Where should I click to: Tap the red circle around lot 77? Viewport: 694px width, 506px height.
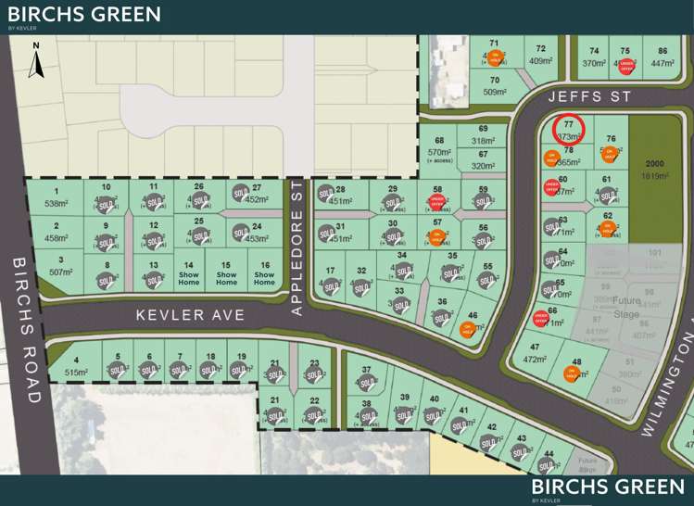[568, 131]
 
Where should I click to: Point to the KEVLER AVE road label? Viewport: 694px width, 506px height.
[191, 315]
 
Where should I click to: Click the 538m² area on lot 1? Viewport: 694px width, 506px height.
[57, 203]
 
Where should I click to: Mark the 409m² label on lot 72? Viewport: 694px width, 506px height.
[540, 62]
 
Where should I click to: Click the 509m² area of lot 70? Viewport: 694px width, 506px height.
[495, 92]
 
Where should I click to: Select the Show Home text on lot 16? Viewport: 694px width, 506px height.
[265, 274]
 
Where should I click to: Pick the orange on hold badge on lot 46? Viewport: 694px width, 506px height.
[467, 328]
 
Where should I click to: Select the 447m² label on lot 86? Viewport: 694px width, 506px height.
[662, 63]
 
